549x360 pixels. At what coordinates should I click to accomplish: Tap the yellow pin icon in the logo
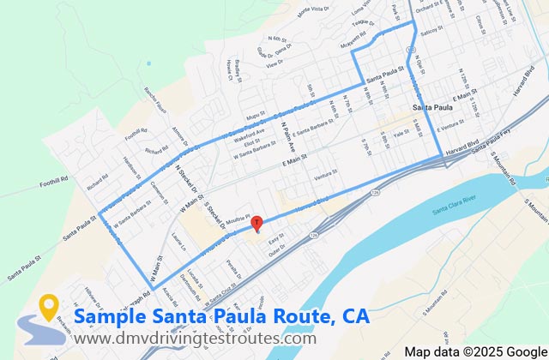click(x=50, y=306)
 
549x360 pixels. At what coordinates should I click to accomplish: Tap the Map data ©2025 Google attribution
click(x=475, y=352)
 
